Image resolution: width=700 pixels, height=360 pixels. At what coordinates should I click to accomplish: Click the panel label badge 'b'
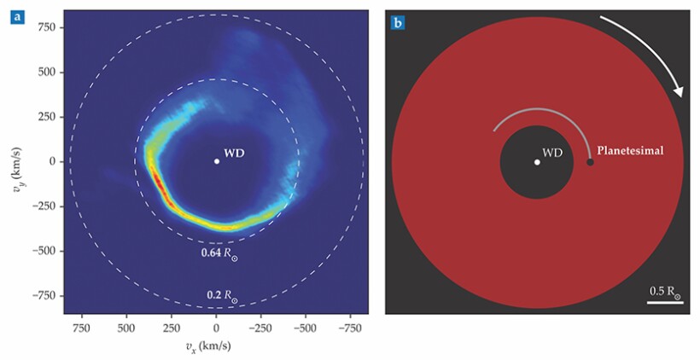tap(398, 22)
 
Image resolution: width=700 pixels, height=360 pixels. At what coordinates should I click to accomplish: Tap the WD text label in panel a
tap(234, 154)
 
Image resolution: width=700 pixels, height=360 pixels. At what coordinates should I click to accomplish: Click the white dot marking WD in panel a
tap(216, 161)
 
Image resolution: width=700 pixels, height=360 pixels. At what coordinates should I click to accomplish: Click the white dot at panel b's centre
tap(536, 162)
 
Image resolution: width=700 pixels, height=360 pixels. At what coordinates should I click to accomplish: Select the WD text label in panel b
tap(553, 153)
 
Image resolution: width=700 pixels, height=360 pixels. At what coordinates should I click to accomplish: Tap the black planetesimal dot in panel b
tap(590, 162)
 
